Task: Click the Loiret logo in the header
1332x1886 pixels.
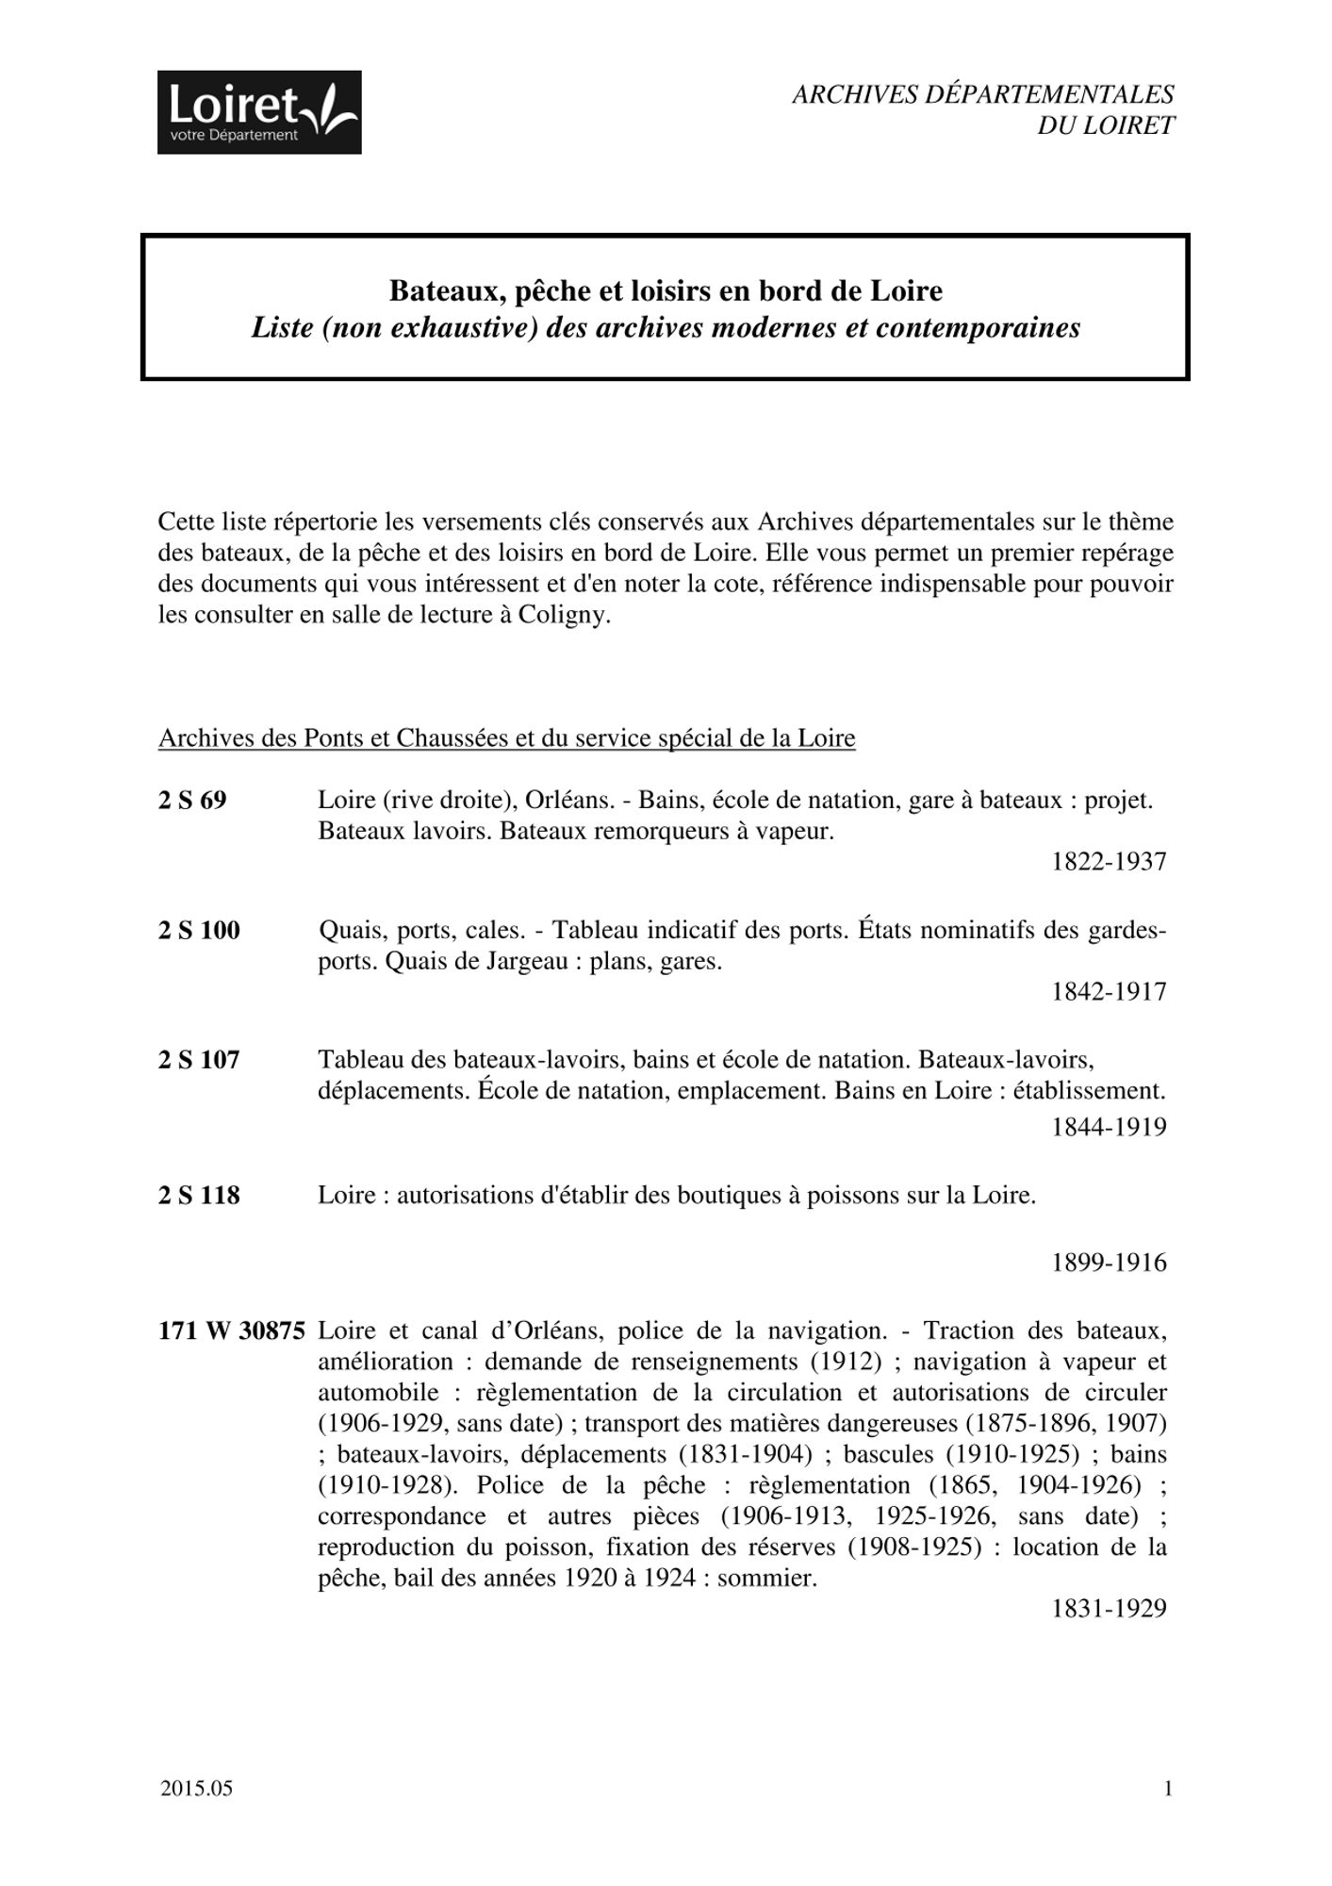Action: coord(259,112)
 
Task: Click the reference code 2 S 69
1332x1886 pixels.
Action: coord(192,801)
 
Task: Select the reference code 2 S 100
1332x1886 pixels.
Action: coord(199,931)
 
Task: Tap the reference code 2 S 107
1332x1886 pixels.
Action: coord(199,1060)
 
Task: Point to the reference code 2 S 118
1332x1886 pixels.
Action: coord(199,1196)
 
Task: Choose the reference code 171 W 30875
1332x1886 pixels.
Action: coord(232,1332)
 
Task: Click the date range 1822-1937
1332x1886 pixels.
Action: coord(1109,862)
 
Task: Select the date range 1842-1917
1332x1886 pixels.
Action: coord(1109,992)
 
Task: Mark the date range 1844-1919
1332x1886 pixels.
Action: coord(1109,1127)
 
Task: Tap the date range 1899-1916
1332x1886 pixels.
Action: coord(1109,1263)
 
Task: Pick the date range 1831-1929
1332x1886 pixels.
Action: coord(1109,1609)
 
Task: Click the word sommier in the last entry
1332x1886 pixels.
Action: coord(765,1579)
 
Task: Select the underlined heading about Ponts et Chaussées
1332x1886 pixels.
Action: coord(507,738)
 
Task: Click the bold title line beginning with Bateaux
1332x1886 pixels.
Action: coord(666,290)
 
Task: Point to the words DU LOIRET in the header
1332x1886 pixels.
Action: coord(1106,125)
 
